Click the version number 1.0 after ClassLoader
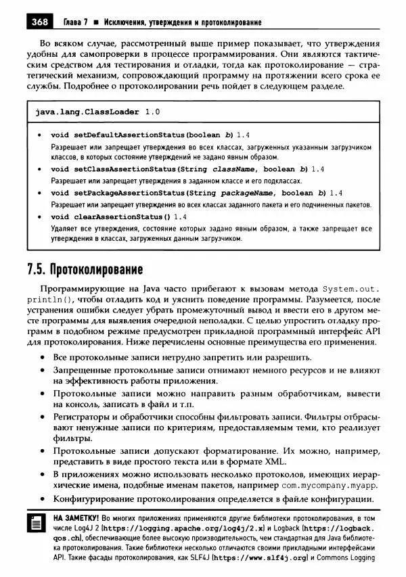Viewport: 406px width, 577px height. pos(153,112)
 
